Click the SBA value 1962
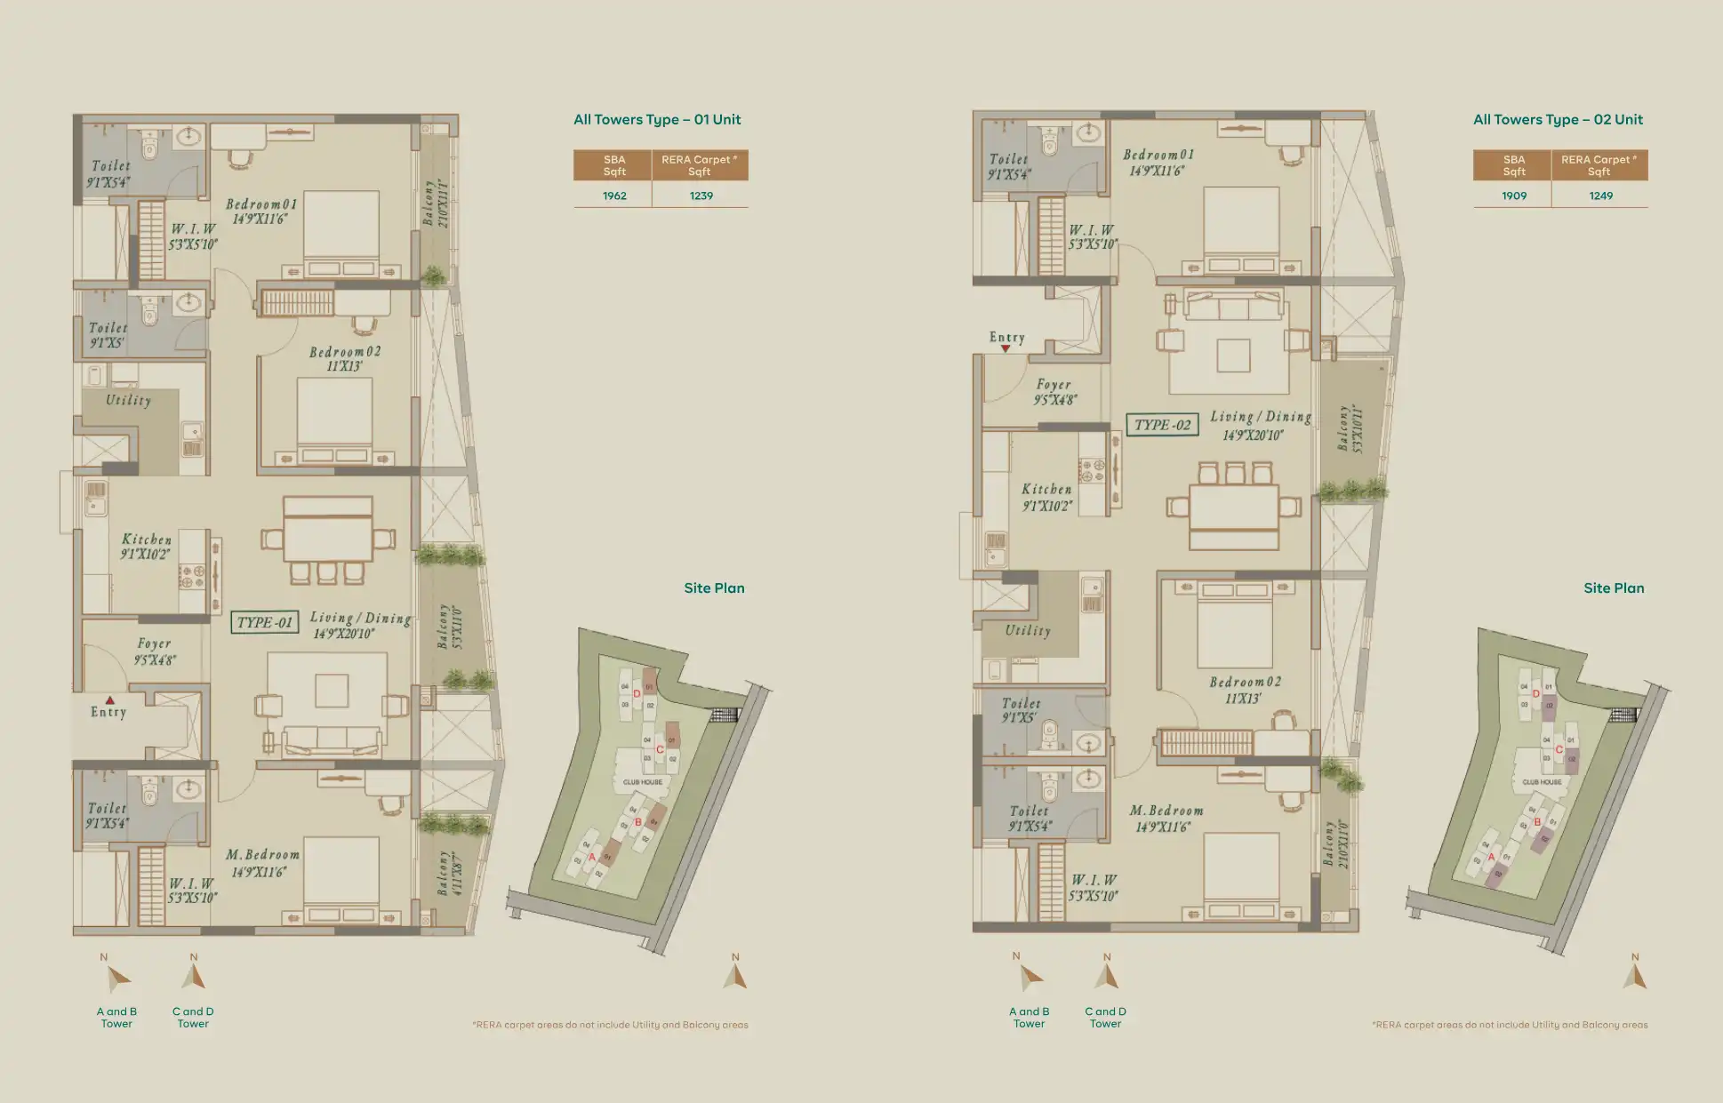(x=614, y=196)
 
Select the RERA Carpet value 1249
(x=1600, y=196)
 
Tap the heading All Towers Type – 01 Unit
(x=656, y=120)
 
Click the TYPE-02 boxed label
(x=1162, y=425)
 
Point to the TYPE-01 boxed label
(x=264, y=622)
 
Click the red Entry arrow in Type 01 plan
(x=109, y=700)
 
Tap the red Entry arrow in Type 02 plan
(x=1006, y=349)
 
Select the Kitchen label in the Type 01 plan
(x=147, y=540)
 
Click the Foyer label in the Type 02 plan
(x=1054, y=385)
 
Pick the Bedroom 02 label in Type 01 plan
(x=345, y=352)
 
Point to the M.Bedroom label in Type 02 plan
(x=1166, y=811)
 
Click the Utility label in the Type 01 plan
(x=129, y=400)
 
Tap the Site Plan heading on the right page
(x=1614, y=588)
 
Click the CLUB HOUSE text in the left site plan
(x=642, y=782)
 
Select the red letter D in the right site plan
(x=1535, y=693)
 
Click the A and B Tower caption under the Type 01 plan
(x=116, y=1017)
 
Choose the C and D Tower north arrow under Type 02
(x=1106, y=977)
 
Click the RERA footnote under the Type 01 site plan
(x=610, y=1025)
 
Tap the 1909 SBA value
(x=1514, y=196)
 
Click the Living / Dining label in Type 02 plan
(x=1260, y=416)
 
